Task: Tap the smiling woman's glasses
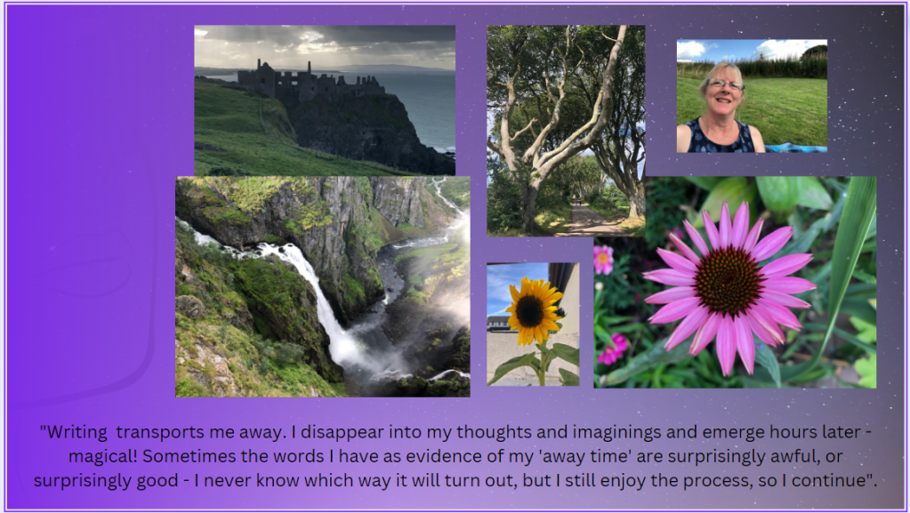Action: [725, 84]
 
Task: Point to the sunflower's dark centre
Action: [530, 311]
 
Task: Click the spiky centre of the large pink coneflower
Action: [728, 280]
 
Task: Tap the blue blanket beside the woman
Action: [795, 148]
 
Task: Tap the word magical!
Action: [103, 457]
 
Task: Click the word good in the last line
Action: [157, 482]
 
